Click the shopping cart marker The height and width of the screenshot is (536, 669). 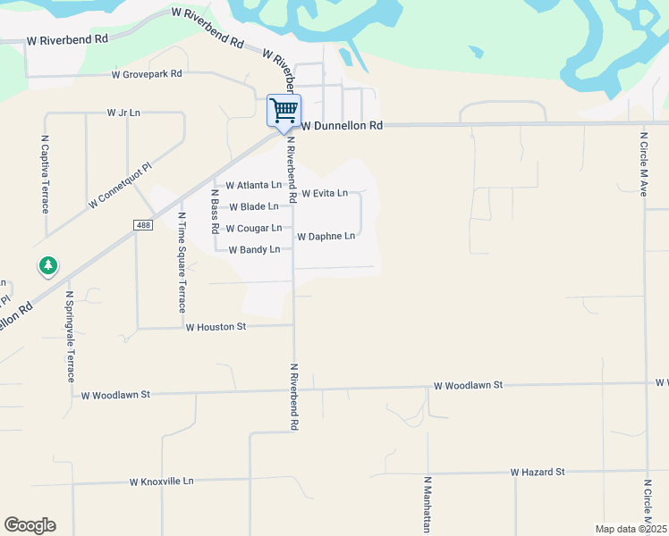coord(284,112)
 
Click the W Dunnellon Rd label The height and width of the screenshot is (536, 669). coord(342,127)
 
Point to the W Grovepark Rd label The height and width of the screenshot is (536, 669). coord(147,74)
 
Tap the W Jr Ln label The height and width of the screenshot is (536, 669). coord(124,113)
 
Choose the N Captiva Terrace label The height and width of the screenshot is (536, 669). coord(45,174)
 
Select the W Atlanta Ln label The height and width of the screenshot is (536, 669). coord(253,186)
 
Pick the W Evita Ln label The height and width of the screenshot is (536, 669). coord(325,193)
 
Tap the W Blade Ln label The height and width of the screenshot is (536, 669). coord(254,207)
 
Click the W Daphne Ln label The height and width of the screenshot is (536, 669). coord(326,237)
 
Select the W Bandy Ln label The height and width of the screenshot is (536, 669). coord(255,250)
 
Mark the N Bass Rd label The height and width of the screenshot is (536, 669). coord(215,211)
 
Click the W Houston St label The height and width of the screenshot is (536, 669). coord(216,328)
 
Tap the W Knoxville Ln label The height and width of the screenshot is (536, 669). coord(162,482)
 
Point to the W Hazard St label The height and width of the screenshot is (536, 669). coord(538,472)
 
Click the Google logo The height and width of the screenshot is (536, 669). coord(30,525)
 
